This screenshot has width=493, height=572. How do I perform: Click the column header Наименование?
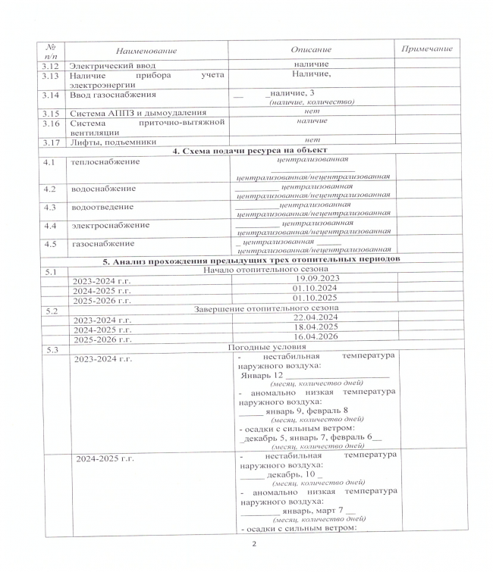pyautogui.click(x=141, y=50)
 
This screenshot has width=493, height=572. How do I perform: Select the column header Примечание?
pyautogui.click(x=425, y=48)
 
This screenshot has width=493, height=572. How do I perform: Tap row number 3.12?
pyautogui.click(x=51, y=65)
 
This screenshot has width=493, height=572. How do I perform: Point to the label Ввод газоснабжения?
pyautogui.click(x=112, y=95)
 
